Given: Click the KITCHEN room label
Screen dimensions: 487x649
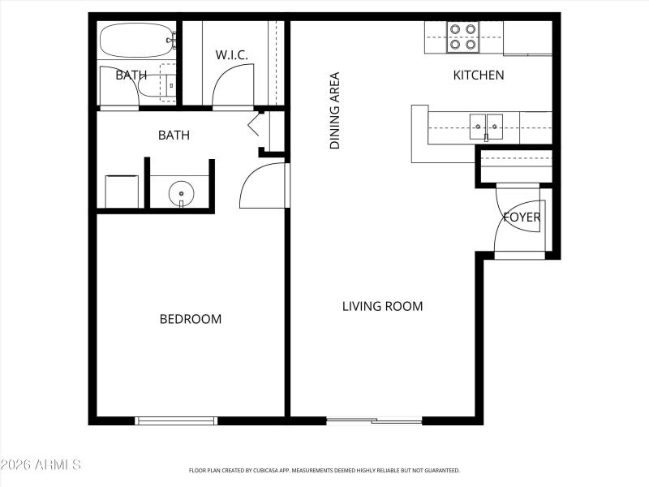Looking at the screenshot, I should click(478, 75).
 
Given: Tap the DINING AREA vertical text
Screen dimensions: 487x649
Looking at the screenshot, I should click(334, 110).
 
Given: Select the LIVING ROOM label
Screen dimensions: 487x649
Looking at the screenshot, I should click(382, 306).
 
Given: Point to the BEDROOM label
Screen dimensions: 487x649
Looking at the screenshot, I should click(190, 319).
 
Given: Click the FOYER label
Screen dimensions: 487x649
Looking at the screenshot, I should click(522, 218).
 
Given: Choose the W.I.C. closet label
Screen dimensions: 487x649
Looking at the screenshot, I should click(231, 55).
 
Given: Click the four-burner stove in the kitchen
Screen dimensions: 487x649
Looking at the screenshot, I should click(462, 38).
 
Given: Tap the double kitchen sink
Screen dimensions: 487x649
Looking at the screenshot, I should click(486, 127).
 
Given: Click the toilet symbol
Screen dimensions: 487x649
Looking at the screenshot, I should click(156, 84).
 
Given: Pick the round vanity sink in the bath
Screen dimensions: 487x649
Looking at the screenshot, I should click(181, 193).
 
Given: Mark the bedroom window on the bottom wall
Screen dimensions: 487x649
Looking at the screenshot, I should click(176, 420).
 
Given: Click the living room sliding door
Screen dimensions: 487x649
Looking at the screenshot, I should click(374, 420).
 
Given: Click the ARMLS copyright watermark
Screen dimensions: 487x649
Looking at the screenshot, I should click(41, 465).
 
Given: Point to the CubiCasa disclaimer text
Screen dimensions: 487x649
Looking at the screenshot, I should click(324, 470).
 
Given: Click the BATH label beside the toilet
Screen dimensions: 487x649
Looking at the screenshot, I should click(130, 75).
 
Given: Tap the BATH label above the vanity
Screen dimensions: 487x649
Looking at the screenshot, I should click(174, 135).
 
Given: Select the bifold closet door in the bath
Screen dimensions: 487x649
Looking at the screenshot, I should click(258, 124).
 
